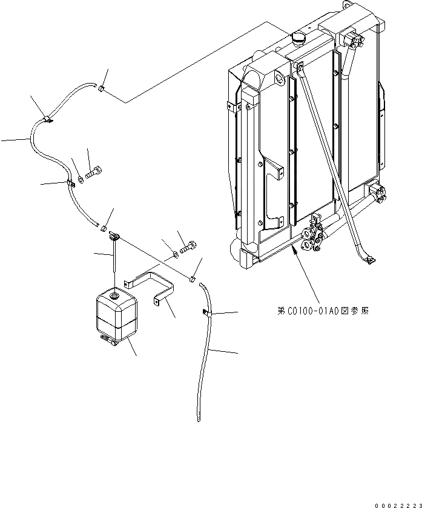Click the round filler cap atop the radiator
(300, 38)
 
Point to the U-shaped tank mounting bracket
(151, 288)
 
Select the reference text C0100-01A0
(324, 311)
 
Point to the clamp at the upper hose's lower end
(103, 228)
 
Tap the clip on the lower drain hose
(205, 312)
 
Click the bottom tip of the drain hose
(198, 418)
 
